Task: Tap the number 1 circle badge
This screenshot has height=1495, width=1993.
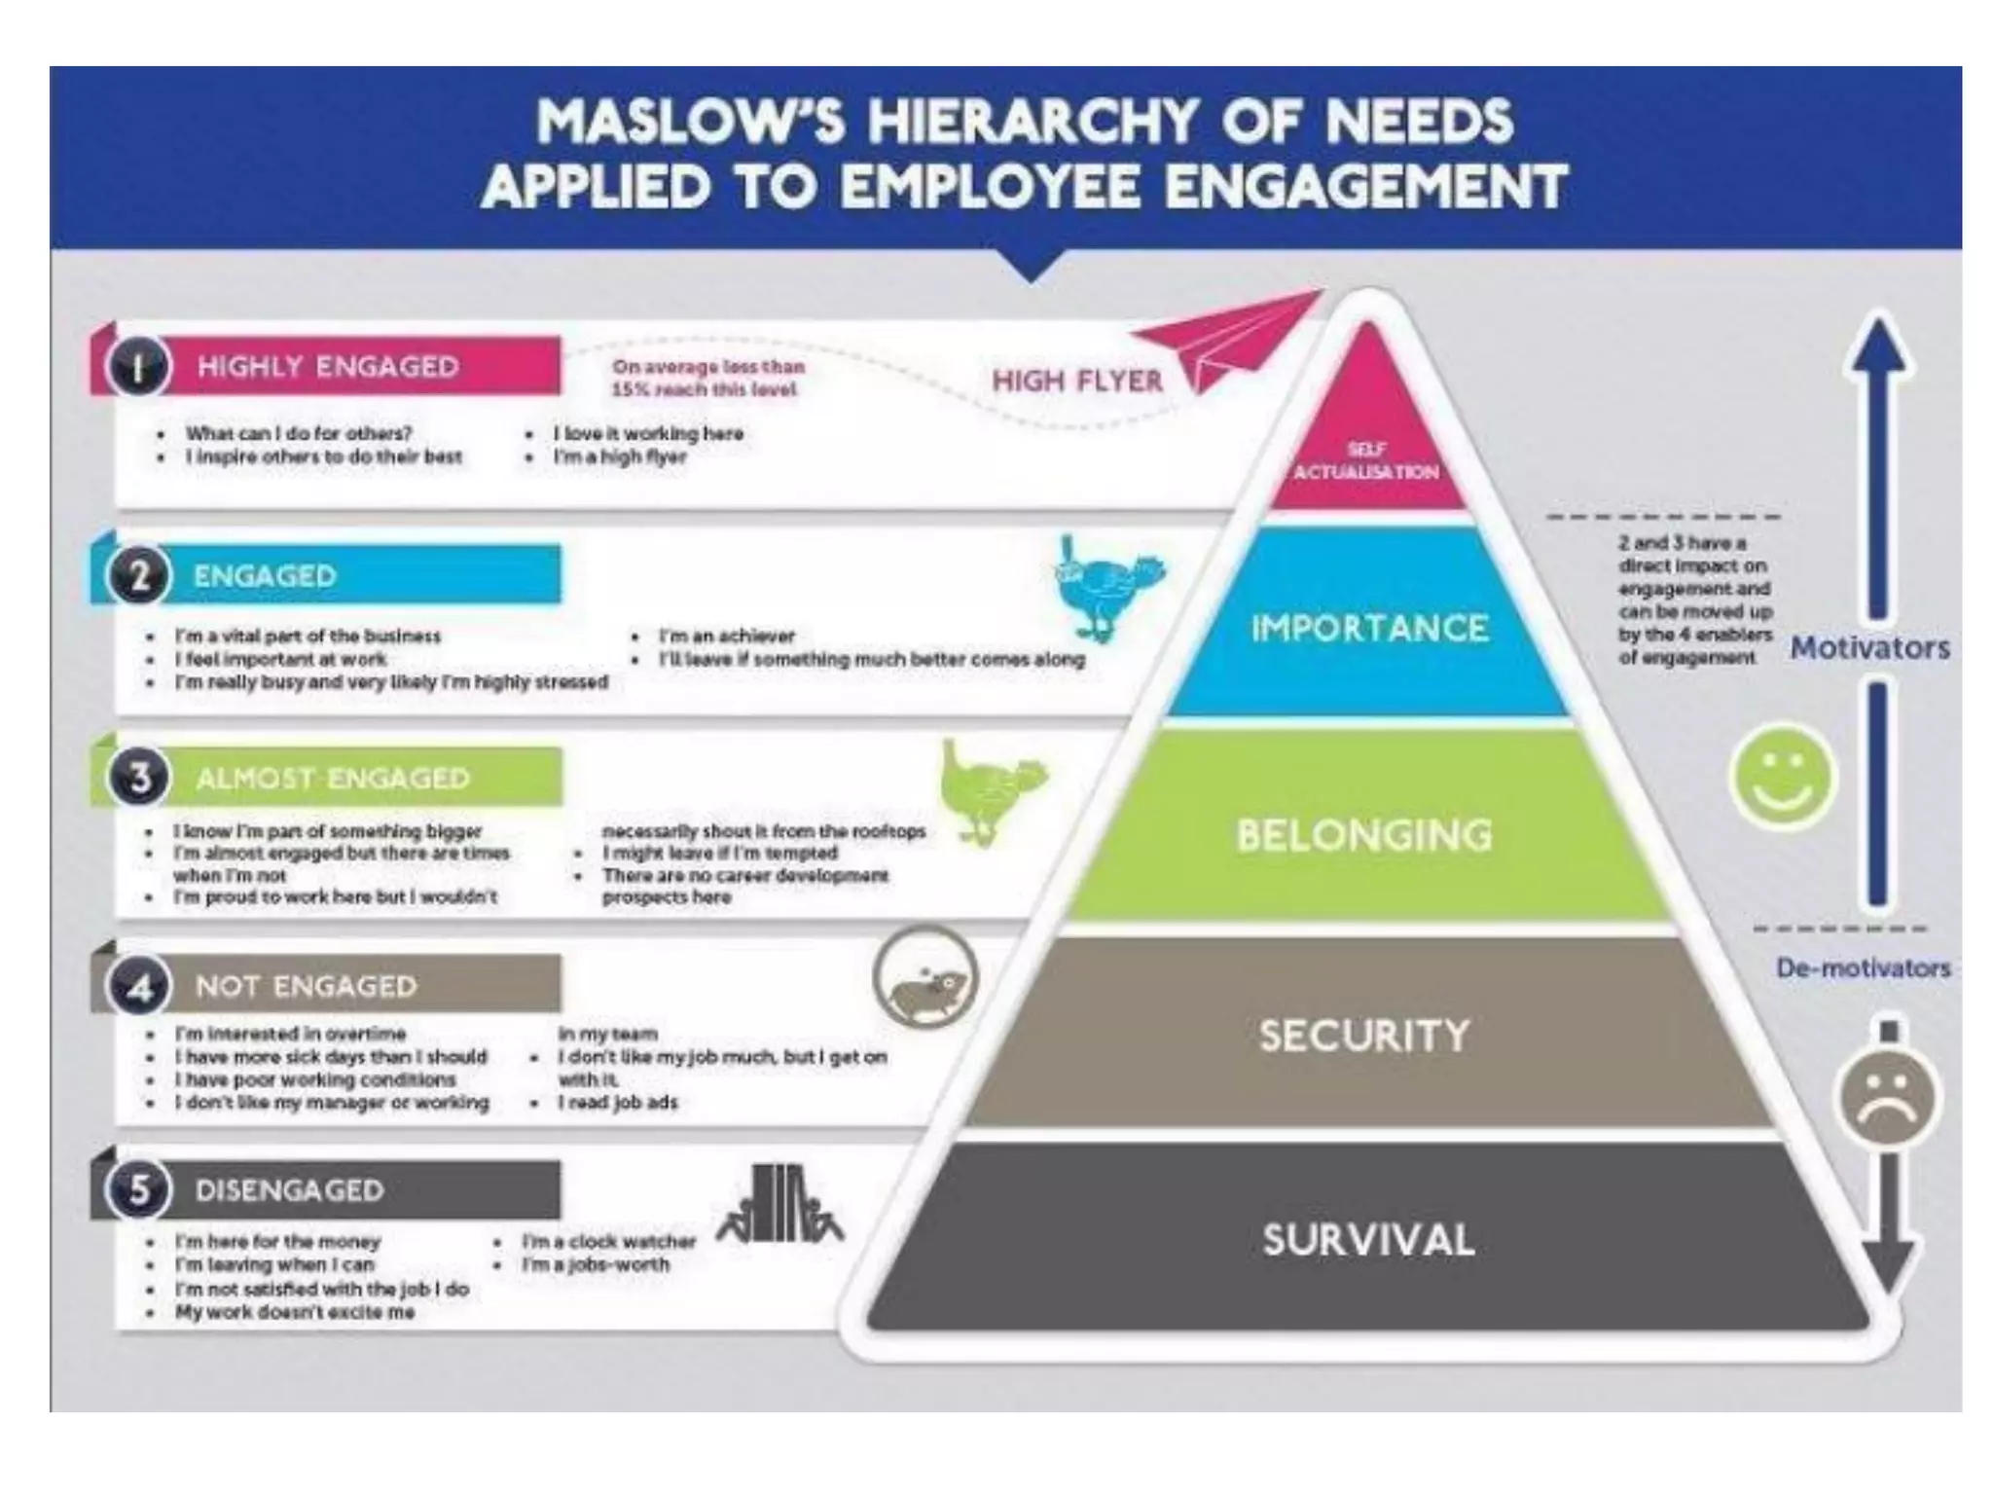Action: coord(138,368)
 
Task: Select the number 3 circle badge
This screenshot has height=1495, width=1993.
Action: coord(140,779)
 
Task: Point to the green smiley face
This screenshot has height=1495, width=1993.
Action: coord(1782,777)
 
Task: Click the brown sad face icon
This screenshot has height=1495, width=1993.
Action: coord(1888,1098)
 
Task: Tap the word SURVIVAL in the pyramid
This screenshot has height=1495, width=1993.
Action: coord(1368,1240)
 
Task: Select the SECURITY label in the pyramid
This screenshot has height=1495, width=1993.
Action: coord(1364,1036)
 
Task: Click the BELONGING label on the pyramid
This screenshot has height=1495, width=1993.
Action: coord(1364,835)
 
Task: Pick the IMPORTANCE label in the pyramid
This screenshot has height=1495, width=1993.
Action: coord(1369,629)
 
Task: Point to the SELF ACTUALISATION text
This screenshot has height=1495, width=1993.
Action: coord(1366,461)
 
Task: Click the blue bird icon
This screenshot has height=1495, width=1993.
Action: coord(1107,589)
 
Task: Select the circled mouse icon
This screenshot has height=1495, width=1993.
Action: coord(925,979)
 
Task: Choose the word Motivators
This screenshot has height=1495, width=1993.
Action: coord(1869,648)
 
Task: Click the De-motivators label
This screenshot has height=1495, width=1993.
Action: coord(1863,968)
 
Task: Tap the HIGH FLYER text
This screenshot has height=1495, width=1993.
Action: coord(1077,381)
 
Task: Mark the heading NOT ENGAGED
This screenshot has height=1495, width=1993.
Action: coord(306,986)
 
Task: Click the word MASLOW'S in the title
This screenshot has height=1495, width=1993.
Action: coord(692,122)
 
